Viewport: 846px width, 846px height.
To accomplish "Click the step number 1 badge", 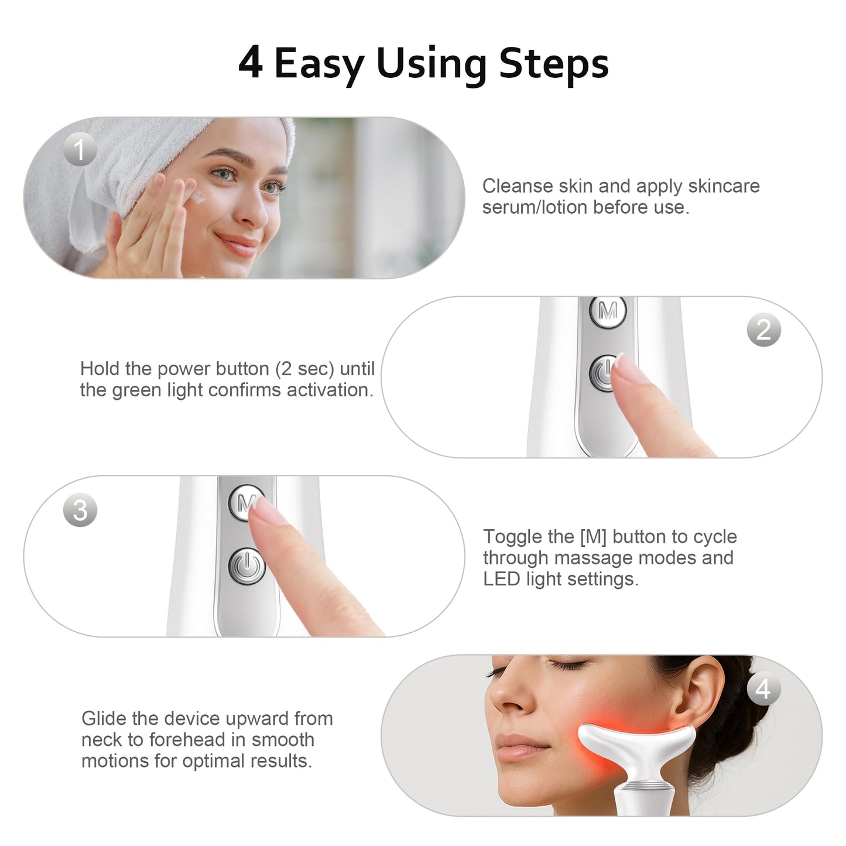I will pos(80,149).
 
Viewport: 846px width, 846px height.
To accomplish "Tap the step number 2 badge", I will pos(763,330).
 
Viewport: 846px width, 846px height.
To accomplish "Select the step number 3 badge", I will pos(80,509).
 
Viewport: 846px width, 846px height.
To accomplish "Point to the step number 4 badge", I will pos(763,689).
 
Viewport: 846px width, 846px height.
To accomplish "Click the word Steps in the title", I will pos(553,63).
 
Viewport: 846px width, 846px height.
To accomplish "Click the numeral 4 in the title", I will pos(251,63).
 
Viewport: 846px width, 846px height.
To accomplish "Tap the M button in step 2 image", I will pos(608,311).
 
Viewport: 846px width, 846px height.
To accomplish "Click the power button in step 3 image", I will pos(247,566).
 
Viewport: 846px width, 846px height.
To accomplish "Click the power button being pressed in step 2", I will pos(603,373).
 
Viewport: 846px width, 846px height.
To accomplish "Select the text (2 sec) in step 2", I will pos(304,369).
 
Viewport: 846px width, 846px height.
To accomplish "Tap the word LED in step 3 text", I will pos(501,579).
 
